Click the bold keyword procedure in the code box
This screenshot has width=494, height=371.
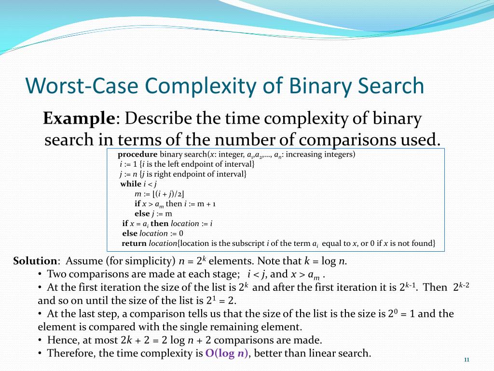coord(137,155)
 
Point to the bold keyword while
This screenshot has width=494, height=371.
coord(131,184)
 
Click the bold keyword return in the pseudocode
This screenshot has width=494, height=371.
coord(134,243)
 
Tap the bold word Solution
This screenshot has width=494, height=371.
coord(35,261)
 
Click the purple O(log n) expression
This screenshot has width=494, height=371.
coord(227,353)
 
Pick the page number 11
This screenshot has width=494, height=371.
coord(467,360)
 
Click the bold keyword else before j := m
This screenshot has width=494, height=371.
coord(142,214)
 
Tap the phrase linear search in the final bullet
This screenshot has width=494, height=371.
coord(343,353)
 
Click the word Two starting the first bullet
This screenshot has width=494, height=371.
coord(56,274)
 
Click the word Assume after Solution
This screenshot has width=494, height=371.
coord(85,261)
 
